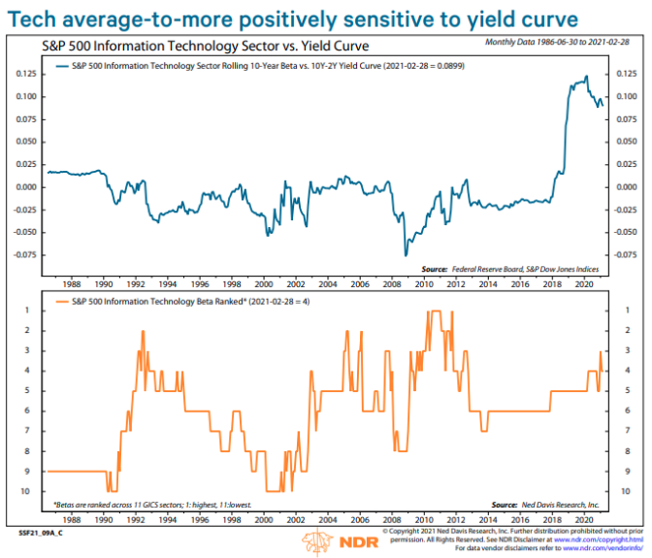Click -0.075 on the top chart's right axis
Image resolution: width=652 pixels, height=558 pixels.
point(625,255)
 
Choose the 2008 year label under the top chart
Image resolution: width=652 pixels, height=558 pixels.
point(391,286)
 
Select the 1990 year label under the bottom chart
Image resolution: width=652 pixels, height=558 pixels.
point(103,520)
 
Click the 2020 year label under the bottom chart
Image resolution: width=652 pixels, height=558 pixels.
point(583,520)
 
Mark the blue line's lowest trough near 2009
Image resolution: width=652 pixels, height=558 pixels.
point(406,256)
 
